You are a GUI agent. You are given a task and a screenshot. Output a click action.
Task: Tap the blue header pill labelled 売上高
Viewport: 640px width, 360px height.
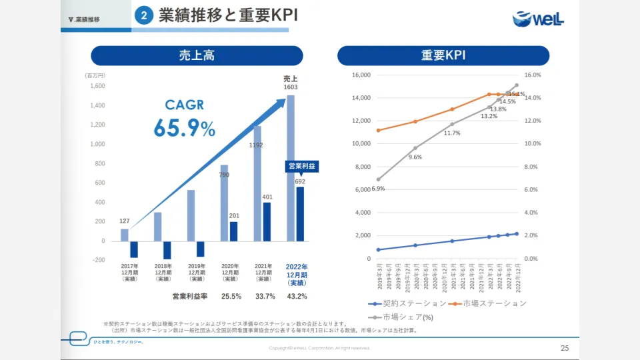[x=197, y=55]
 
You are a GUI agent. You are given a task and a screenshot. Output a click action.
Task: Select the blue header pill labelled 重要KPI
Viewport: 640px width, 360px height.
[x=443, y=55]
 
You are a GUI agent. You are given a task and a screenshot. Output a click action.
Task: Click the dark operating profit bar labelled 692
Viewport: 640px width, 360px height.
[x=300, y=213]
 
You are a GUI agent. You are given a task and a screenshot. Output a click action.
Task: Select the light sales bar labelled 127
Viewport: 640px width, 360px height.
[x=125, y=235]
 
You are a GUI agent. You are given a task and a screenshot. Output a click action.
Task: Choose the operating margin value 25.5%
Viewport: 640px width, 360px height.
[x=231, y=296]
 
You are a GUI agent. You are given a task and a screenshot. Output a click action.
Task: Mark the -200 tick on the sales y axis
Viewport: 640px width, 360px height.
[x=97, y=260]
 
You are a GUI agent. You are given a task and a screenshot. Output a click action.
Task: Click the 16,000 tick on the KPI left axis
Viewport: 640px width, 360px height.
[x=360, y=75]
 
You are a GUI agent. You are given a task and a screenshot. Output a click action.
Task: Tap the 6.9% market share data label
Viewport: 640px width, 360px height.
[x=378, y=189]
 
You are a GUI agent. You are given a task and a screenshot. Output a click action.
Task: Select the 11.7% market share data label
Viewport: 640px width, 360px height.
[x=452, y=133]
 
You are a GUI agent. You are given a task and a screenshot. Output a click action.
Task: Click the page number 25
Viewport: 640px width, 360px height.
[x=565, y=348]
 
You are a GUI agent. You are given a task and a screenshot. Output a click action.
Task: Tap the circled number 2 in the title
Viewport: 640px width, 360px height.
[x=144, y=16]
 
